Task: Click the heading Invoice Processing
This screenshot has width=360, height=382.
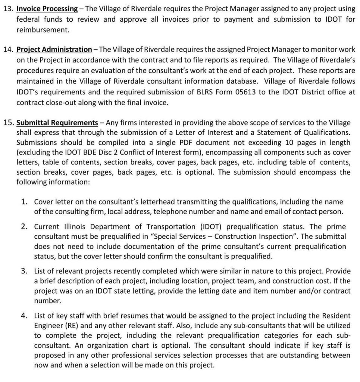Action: coord(47,9)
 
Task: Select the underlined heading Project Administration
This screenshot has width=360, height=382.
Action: coord(54,49)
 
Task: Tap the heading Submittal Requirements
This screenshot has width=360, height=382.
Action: coord(57,122)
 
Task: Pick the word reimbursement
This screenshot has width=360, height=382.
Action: coord(43,30)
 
